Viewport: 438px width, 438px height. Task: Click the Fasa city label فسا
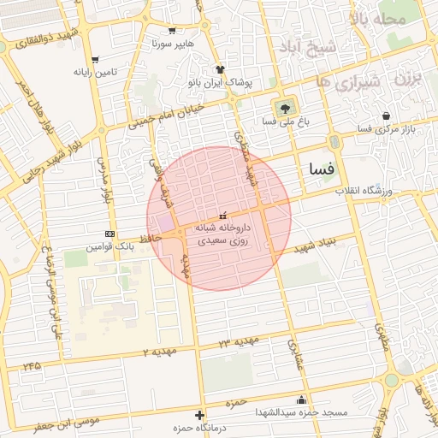322,169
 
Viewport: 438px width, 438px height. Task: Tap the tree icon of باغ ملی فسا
284,107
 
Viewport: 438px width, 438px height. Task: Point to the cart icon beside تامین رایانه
94,60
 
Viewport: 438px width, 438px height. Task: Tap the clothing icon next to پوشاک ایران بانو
221,69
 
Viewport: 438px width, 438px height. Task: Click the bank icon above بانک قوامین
109,234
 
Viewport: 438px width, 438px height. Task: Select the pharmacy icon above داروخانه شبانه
223,214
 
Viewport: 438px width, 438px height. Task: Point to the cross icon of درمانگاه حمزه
200,415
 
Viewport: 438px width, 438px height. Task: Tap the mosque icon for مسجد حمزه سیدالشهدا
300,399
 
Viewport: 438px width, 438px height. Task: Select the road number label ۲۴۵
33,365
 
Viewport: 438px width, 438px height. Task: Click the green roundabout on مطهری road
392,379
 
